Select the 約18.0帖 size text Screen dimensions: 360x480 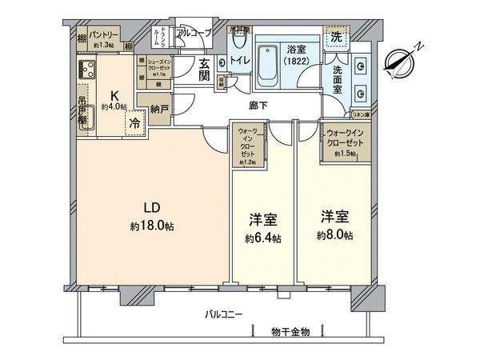click(x=152, y=226)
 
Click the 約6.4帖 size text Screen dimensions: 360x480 click(x=263, y=238)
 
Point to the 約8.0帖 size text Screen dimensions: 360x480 click(x=334, y=234)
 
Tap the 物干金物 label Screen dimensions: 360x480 click(x=290, y=330)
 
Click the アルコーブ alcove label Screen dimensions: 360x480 click(x=193, y=34)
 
